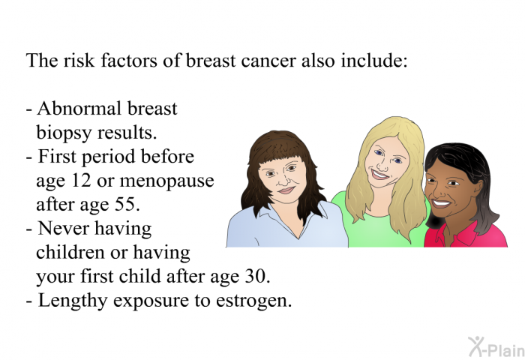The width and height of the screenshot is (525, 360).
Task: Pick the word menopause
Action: coord(166,181)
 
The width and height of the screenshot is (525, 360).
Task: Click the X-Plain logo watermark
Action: coord(496,347)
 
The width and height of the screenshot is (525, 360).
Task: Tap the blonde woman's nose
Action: coord(382,163)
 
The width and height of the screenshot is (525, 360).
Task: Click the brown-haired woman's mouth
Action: coord(286,190)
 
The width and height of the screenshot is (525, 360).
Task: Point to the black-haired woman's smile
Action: coord(441,203)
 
